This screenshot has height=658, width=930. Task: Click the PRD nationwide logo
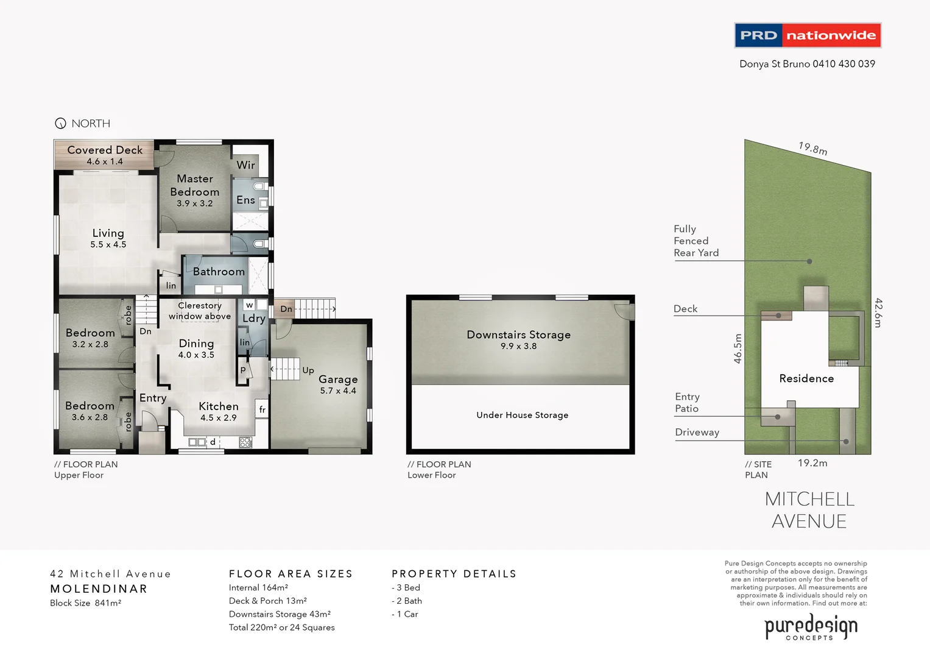(808, 35)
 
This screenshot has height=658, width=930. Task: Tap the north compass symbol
(60, 124)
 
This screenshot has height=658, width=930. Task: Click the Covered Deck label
(105, 150)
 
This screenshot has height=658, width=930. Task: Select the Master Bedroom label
(195, 185)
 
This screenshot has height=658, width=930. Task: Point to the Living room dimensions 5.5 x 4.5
(108, 245)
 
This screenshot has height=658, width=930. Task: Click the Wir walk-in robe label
(246, 165)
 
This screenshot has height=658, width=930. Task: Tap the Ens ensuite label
(245, 200)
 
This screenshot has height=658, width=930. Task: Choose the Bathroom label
(219, 272)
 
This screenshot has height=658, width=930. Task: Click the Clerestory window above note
(200, 311)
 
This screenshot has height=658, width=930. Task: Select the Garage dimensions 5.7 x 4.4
(338, 391)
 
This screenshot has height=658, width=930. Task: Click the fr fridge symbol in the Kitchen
(262, 409)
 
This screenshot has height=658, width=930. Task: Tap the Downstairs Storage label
(519, 334)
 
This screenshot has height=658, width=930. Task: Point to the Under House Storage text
(523, 415)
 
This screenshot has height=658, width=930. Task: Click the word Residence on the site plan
(806, 378)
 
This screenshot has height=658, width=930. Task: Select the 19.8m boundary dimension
(813, 149)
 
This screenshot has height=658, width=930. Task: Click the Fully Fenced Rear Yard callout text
(696, 241)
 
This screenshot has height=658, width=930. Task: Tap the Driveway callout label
(697, 433)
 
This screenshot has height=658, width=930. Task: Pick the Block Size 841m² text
(86, 603)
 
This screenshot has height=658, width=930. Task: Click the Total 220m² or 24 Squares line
(282, 628)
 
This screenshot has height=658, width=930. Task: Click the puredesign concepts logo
(811, 628)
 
